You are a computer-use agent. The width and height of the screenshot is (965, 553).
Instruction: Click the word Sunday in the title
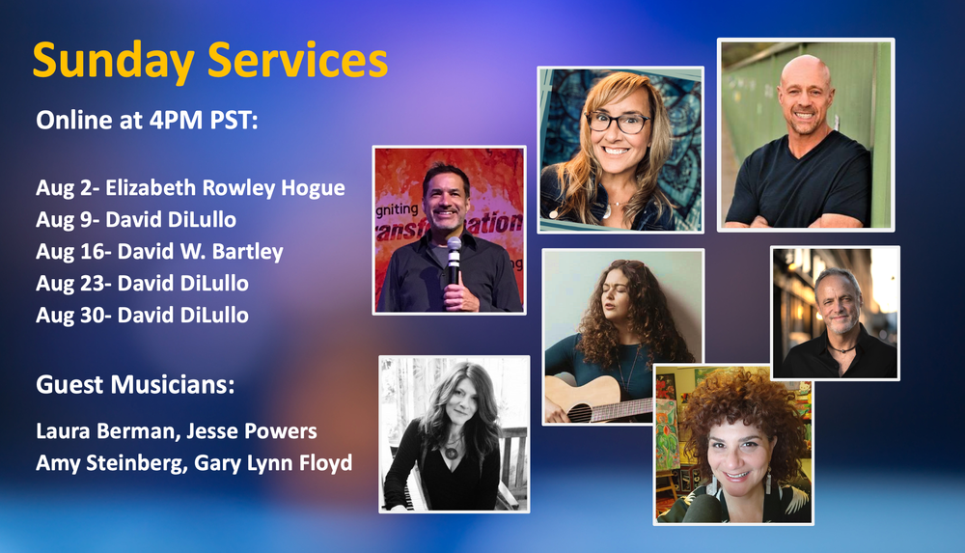pos(113,62)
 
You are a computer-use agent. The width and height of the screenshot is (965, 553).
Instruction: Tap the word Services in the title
pos(298,60)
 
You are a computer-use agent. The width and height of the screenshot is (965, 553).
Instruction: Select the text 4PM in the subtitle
pos(176,120)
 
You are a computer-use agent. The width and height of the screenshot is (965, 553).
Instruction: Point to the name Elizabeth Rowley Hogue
pos(225,188)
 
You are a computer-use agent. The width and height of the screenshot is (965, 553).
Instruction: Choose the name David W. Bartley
pos(201,252)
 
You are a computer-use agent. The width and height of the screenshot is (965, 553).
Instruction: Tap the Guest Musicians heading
pos(135,385)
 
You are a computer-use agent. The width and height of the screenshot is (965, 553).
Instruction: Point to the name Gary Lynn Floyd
pos(273,463)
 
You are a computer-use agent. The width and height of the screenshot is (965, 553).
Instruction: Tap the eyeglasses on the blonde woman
pos(618,122)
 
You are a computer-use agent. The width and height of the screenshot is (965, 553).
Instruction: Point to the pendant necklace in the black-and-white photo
pos(451,453)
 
